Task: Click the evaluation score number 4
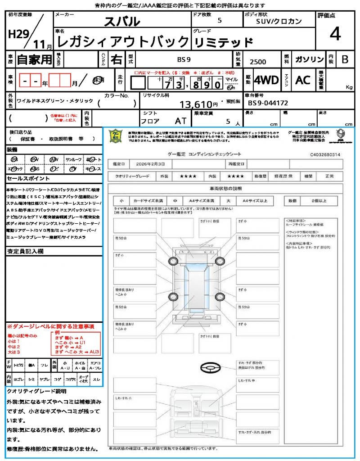pyautogui.click(x=335, y=34)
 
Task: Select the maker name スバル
pyautogui.click(x=122, y=21)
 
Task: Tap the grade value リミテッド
pyautogui.click(x=223, y=43)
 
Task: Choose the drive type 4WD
pyautogui.click(x=266, y=80)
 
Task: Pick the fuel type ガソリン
pyautogui.click(x=309, y=59)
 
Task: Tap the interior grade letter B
pyautogui.click(x=345, y=59)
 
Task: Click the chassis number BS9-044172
pyautogui.click(x=268, y=103)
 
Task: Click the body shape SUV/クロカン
pyautogui.click(x=279, y=21)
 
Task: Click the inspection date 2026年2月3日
pyautogui.click(x=153, y=163)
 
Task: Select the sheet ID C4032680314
pyautogui.click(x=325, y=154)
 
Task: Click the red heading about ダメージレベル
pyautogui.click(x=50, y=326)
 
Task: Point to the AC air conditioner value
pyautogui.click(x=303, y=80)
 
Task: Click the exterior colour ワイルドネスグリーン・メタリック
pyautogui.click(x=55, y=101)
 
